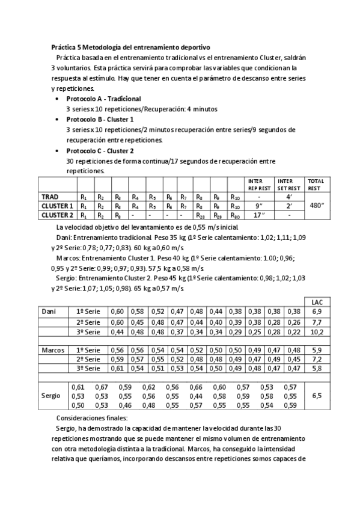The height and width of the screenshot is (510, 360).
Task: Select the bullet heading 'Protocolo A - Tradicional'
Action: [x=103, y=98]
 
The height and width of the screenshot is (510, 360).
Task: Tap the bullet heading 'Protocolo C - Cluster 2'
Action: [x=100, y=150]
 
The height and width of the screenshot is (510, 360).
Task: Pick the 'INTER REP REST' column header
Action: [x=258, y=184]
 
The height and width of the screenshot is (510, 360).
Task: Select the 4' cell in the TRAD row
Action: [x=288, y=196]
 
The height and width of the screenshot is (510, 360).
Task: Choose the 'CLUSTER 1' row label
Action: [x=57, y=205]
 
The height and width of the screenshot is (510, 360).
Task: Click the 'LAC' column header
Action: [x=317, y=301]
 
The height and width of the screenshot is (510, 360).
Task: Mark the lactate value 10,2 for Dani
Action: [x=317, y=332]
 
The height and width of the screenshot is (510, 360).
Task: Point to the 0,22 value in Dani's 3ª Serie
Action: [x=293, y=332]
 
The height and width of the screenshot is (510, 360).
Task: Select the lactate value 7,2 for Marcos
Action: [x=317, y=359]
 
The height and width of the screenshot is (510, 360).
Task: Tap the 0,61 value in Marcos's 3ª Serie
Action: [x=118, y=368]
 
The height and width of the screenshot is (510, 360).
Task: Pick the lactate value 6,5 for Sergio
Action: [x=317, y=396]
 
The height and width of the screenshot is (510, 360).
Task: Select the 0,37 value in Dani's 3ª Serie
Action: [x=177, y=332]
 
